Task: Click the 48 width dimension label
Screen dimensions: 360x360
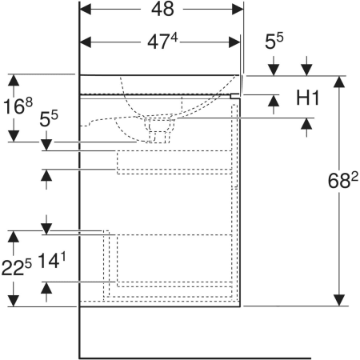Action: tap(162, 9)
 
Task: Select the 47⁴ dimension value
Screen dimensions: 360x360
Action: tap(162, 42)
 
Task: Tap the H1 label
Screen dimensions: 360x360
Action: tap(307, 98)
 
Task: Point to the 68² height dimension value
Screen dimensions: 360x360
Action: tap(342, 180)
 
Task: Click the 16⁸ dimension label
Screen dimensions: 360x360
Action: tap(18, 106)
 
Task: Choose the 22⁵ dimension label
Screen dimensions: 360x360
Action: tap(17, 267)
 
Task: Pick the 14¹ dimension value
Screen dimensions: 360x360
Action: tap(52, 260)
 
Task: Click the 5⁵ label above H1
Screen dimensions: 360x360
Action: tap(274, 41)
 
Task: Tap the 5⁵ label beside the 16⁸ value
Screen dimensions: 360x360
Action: tap(49, 118)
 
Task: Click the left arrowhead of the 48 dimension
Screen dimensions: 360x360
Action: tap(86, 10)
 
